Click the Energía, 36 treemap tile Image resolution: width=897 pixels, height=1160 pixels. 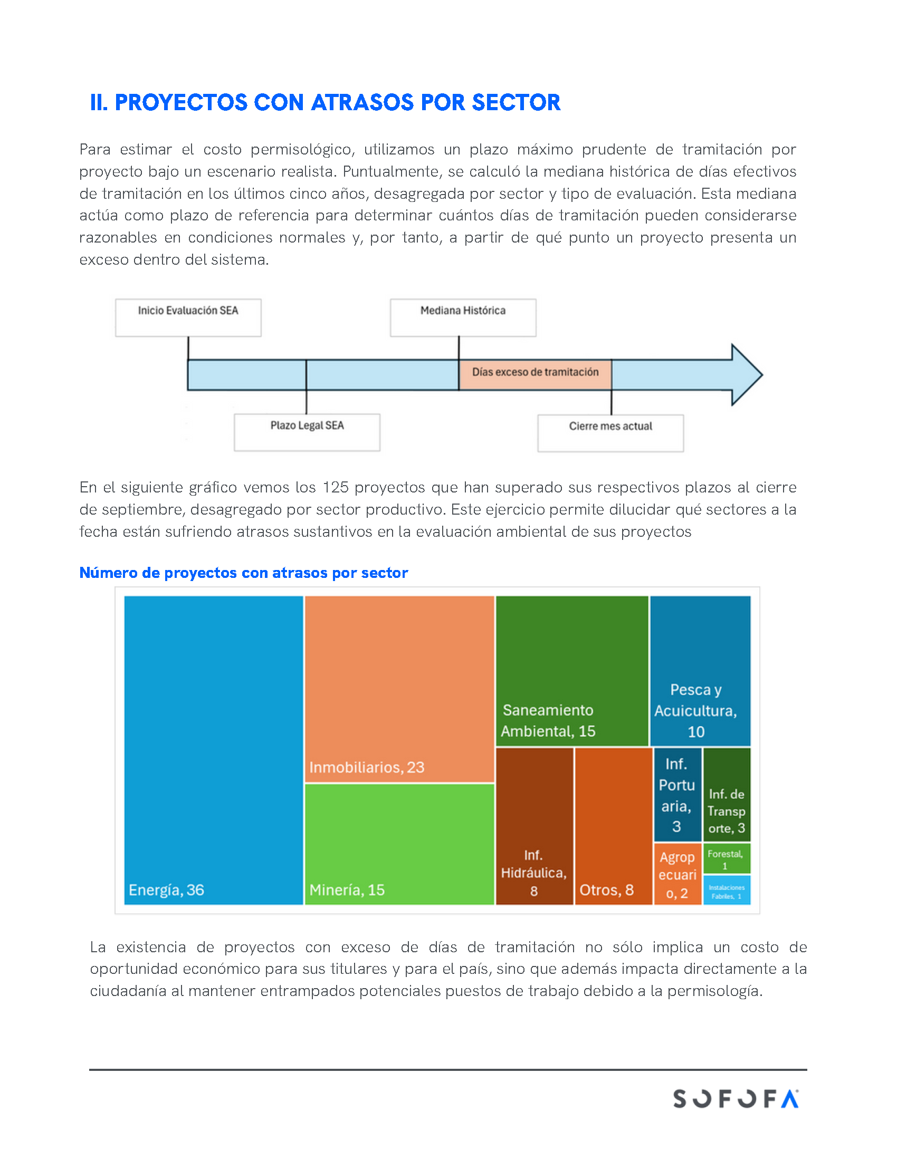(213, 749)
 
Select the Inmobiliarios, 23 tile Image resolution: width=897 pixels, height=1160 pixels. (399, 689)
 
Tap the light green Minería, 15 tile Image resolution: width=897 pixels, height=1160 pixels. (399, 844)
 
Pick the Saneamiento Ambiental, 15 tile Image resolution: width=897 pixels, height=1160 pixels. (572, 670)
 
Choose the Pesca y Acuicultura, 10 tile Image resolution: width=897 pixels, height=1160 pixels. (700, 670)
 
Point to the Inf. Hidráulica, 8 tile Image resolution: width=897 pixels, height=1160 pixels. (534, 825)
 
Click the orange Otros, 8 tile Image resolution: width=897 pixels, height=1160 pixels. (613, 825)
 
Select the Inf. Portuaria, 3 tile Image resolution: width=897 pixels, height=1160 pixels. (677, 794)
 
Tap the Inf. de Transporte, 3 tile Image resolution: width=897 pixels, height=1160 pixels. (727, 794)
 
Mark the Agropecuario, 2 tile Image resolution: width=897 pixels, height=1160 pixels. (677, 874)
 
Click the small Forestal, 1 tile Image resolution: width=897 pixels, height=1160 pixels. (727, 858)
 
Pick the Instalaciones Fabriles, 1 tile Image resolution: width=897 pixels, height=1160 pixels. (727, 890)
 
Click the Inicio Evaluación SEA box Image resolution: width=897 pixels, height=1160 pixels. (188, 317)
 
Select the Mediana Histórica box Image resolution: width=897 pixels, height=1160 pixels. (463, 317)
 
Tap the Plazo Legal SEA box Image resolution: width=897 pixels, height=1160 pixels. (307, 432)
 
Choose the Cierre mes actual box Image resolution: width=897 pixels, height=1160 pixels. (610, 433)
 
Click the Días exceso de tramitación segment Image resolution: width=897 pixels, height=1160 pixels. (535, 374)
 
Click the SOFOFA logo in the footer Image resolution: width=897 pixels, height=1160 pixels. (736, 1098)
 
